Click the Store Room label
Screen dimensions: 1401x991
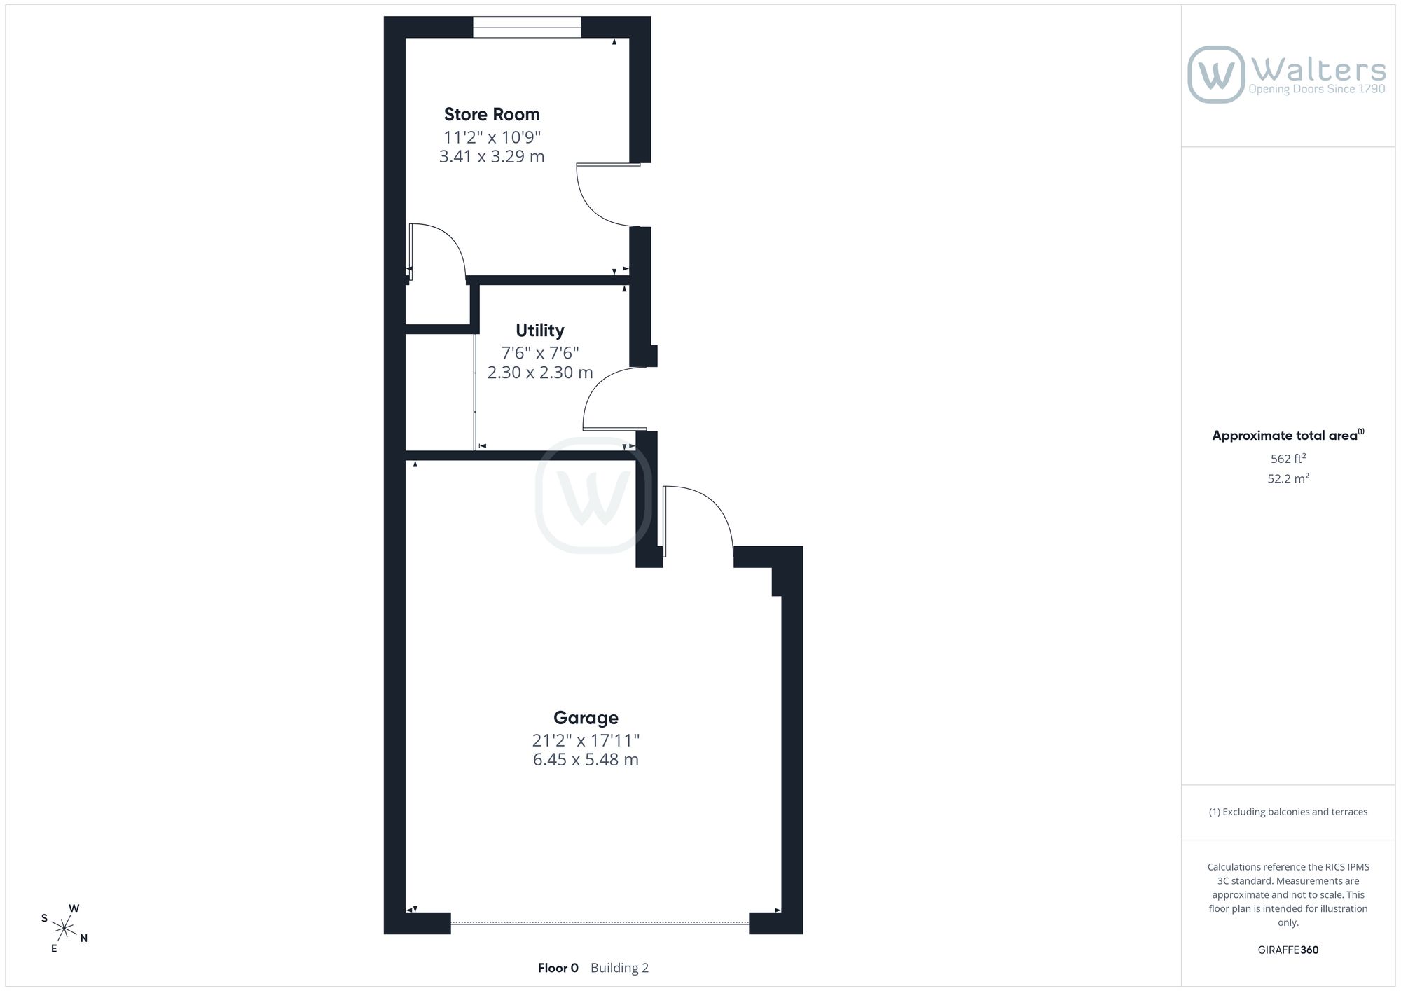pyautogui.click(x=492, y=114)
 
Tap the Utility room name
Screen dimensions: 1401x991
pyautogui.click(x=539, y=330)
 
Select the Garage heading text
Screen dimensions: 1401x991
pyautogui.click(x=586, y=718)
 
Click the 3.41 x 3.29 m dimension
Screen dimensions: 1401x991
pyautogui.click(x=492, y=156)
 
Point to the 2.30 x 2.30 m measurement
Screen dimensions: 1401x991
pyautogui.click(x=540, y=373)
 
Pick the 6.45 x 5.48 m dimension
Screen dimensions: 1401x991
pyautogui.click(x=586, y=760)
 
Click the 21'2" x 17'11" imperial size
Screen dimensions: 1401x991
pyautogui.click(x=586, y=740)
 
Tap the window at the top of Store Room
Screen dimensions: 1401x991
pyautogui.click(x=527, y=27)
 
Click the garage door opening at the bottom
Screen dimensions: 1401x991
pyautogui.click(x=600, y=923)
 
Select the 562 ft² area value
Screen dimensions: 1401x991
pyautogui.click(x=1288, y=459)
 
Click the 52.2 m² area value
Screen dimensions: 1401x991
pyautogui.click(x=1288, y=479)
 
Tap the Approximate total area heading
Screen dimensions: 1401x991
pyautogui.click(x=1288, y=435)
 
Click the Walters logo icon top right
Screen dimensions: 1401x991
pyautogui.click(x=1216, y=74)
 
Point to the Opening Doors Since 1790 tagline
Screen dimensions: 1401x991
pyautogui.click(x=1317, y=89)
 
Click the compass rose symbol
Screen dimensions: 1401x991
pyautogui.click(x=64, y=929)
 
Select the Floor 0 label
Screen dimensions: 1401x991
pyautogui.click(x=558, y=968)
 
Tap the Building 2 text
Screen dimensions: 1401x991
pyautogui.click(x=619, y=968)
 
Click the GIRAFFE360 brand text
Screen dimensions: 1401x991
pyautogui.click(x=1288, y=950)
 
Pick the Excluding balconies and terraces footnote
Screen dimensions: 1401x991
pyautogui.click(x=1288, y=812)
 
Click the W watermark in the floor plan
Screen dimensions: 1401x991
pyautogui.click(x=593, y=495)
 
